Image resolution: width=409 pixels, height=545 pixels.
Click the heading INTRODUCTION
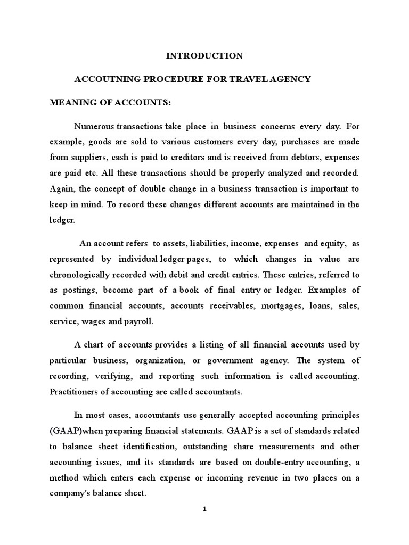pyautogui.click(x=204, y=56)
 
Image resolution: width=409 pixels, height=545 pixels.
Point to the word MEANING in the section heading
pyautogui.click(x=71, y=102)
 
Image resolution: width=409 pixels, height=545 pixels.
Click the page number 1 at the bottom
pyautogui.click(x=204, y=509)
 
